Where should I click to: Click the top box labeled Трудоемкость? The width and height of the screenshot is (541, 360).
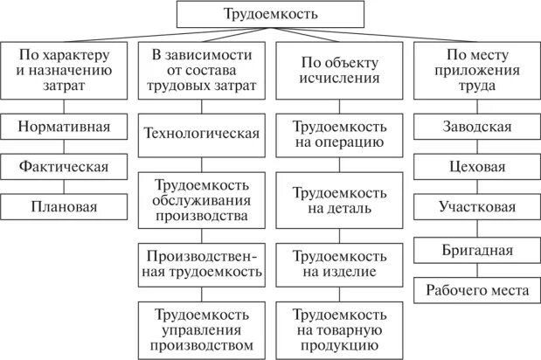[271, 15]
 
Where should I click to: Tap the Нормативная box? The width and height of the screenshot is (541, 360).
[66, 127]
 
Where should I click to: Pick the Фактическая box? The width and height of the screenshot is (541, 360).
[66, 166]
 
